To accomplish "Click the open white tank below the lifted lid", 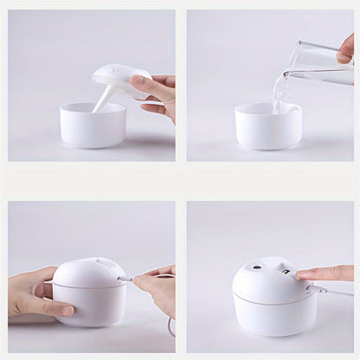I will tap(93, 126).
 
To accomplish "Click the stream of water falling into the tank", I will tap(281, 91).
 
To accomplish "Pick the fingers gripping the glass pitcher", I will tap(345, 48).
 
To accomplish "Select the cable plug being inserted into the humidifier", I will tap(126, 279).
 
